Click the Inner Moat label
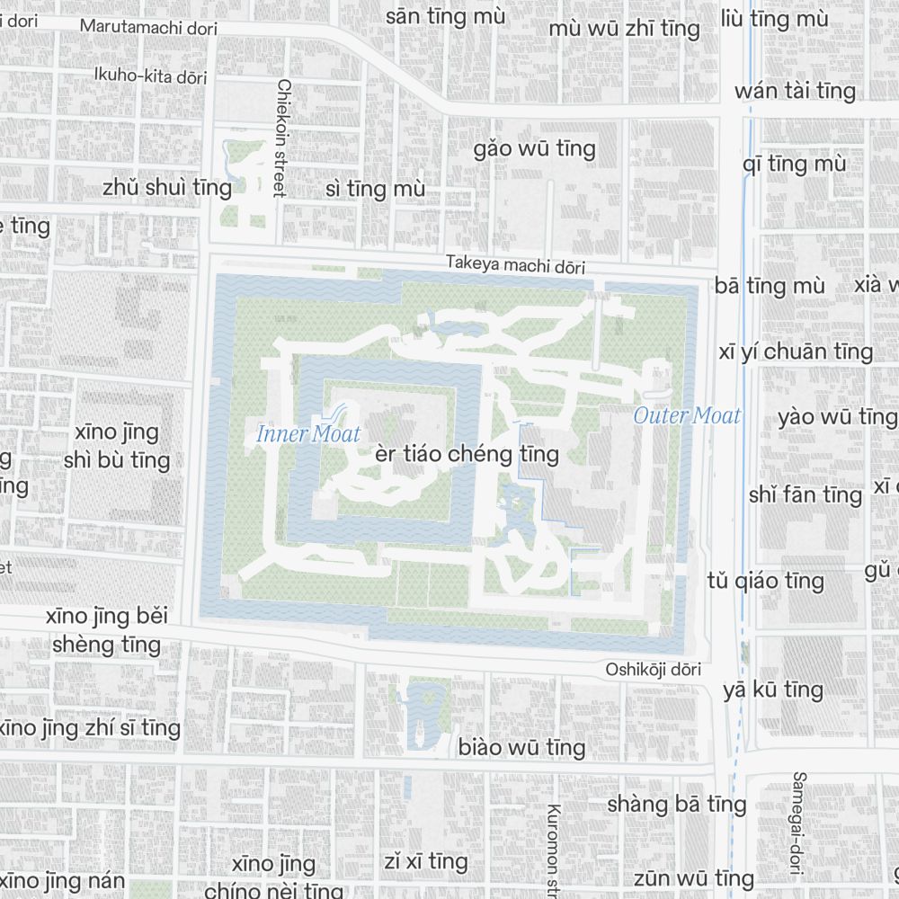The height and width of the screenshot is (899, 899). click(x=308, y=434)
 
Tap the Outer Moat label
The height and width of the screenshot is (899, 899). click(x=687, y=415)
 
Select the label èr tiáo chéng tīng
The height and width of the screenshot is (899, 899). click(x=467, y=454)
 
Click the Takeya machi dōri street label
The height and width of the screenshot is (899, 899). click(x=515, y=266)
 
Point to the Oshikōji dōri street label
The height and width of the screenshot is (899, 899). click(x=653, y=670)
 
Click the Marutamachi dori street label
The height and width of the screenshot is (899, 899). click(x=148, y=27)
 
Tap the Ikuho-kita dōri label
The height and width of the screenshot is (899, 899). click(x=150, y=76)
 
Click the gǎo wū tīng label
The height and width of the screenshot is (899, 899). click(x=535, y=148)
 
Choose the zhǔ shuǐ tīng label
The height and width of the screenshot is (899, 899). click(x=167, y=187)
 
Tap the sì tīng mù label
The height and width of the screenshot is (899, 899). click(x=375, y=190)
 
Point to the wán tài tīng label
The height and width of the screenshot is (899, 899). click(x=795, y=91)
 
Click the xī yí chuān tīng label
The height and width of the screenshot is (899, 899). click(x=796, y=352)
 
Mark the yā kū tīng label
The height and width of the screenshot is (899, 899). click(x=773, y=690)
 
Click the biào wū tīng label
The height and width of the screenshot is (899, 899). click(x=521, y=747)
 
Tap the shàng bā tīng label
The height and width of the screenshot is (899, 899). click(x=676, y=804)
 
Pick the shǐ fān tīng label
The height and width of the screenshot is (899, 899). click(x=806, y=494)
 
